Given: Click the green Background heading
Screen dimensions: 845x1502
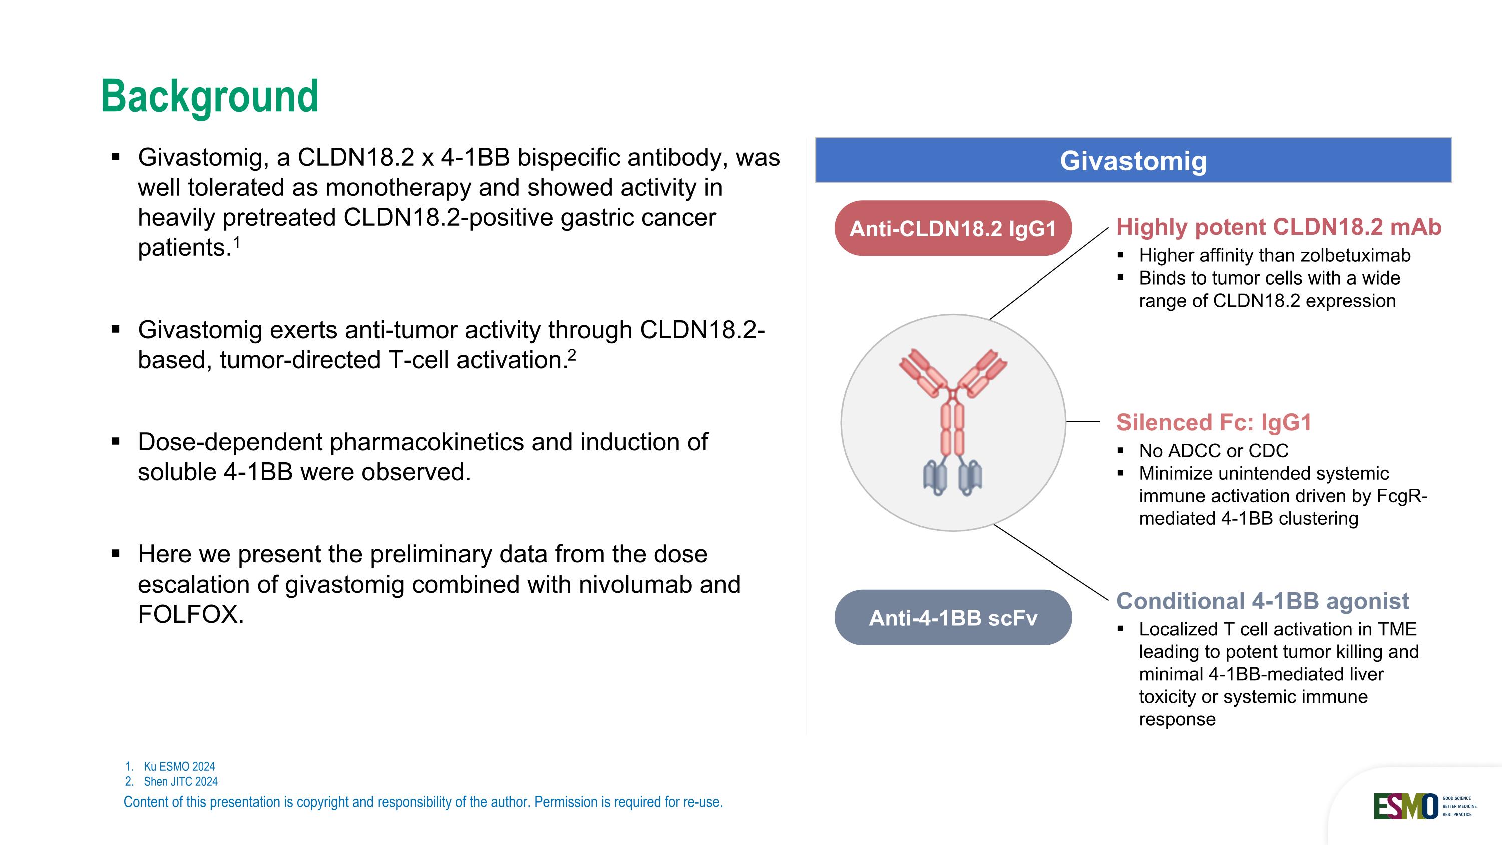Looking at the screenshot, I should pos(210,97).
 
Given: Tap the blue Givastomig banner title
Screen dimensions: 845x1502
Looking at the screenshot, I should pos(1133,161).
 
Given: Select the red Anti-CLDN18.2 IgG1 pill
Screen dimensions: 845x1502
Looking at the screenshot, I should pos(953,228).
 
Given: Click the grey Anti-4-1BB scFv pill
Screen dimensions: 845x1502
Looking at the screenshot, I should pos(953,618).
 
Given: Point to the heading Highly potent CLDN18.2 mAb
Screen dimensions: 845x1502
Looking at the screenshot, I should pos(1278,227).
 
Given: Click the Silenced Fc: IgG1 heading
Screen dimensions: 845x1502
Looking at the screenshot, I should pos(1214,423).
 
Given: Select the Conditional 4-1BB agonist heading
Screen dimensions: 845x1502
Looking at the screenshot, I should pos(1262,601).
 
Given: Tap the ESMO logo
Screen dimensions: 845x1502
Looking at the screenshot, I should pos(1405,806).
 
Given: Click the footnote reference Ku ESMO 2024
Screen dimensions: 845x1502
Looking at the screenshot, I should pos(179,766).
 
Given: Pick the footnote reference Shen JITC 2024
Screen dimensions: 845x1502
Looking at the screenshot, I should pos(180,781).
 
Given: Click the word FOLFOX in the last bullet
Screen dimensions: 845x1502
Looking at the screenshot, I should pos(190,614).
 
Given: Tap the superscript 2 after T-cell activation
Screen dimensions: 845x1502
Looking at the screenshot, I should pos(572,355).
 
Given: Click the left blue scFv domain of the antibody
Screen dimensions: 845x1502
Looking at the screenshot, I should pos(935,477).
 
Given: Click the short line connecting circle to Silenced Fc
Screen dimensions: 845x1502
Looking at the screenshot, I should pos(1083,421).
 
